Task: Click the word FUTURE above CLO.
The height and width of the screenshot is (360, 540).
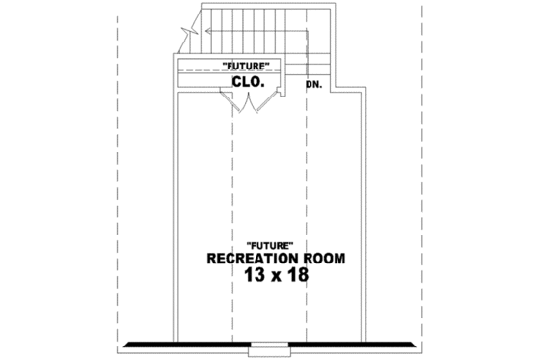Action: pos(252,65)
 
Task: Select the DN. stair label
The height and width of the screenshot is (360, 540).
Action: pos(313,85)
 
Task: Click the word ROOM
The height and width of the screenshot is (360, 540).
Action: pos(323,260)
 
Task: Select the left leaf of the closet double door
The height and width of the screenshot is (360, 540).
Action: pos(236,106)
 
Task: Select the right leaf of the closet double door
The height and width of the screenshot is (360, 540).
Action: pos(255,106)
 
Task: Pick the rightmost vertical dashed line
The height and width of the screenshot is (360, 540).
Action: pos(422,174)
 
